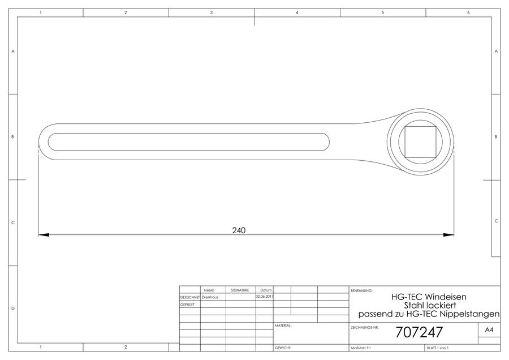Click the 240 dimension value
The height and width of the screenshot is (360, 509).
[x=239, y=230]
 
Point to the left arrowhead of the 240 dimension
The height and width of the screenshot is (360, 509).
[x=44, y=234]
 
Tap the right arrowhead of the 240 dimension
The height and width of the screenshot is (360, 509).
[x=448, y=234]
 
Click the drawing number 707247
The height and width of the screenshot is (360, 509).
[x=419, y=332]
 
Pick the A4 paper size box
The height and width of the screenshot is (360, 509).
[x=489, y=330]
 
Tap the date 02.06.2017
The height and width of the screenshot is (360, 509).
[x=265, y=297]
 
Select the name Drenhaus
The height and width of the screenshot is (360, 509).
[x=210, y=297]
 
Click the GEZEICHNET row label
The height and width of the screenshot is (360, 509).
[x=190, y=297]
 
